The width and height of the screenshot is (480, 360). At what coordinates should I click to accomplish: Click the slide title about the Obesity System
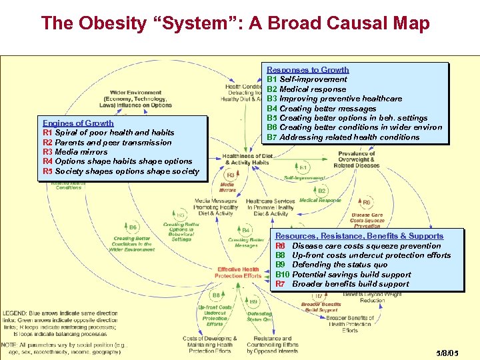click(x=235, y=23)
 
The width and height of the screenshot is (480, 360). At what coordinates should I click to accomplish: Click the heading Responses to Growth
click(x=307, y=70)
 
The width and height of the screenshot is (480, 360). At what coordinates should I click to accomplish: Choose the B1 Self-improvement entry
click(x=307, y=79)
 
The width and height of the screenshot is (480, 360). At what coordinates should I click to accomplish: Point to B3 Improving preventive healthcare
click(x=334, y=99)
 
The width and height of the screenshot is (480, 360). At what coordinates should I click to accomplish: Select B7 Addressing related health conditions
click(x=343, y=137)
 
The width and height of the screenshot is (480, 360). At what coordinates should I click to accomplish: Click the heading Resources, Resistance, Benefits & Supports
click(x=359, y=236)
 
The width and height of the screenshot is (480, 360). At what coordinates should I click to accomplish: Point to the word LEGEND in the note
click(x=15, y=313)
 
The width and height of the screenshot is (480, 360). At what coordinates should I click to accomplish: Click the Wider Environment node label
click(x=136, y=99)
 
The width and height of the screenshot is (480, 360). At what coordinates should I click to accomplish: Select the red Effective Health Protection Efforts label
click(x=237, y=273)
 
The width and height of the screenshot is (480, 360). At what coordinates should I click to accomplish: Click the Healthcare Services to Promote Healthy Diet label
click(x=270, y=207)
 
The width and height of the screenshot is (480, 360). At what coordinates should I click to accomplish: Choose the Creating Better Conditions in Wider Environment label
click(x=133, y=243)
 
